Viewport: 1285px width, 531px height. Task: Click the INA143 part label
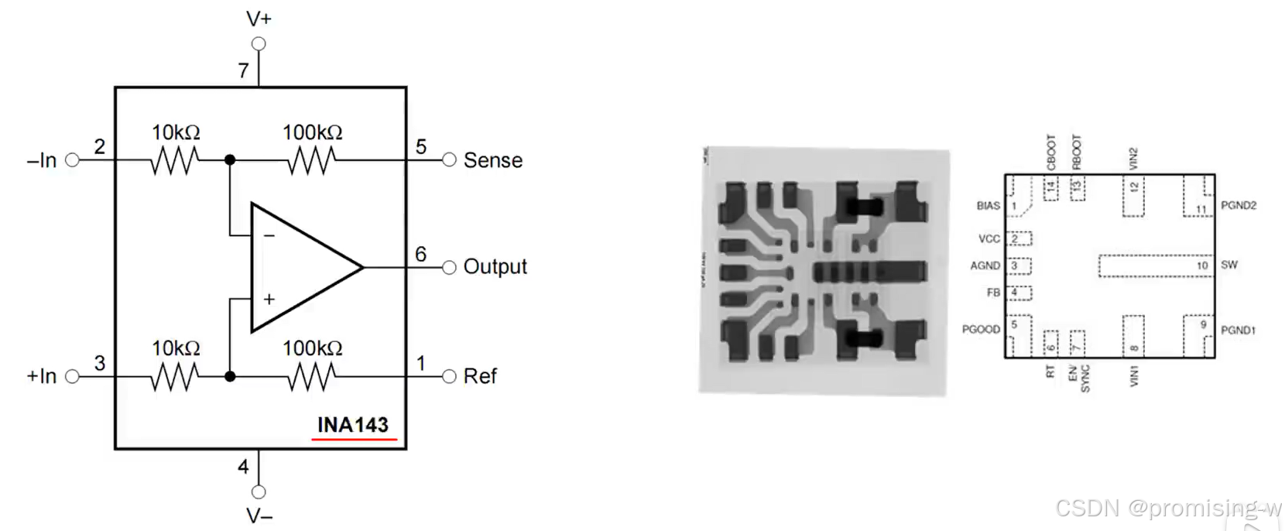click(352, 425)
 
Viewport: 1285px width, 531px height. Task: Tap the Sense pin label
click(492, 160)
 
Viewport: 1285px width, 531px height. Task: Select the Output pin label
click(495, 267)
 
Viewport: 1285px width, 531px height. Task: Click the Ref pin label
click(480, 376)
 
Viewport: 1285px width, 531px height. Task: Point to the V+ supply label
click(259, 19)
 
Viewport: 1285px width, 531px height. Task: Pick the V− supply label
click(259, 516)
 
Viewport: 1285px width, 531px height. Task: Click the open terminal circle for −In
click(73, 160)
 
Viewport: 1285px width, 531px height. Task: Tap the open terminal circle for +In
click(73, 376)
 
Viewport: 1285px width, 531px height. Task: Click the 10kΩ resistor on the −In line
click(176, 160)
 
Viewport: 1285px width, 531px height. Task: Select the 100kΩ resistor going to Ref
click(311, 376)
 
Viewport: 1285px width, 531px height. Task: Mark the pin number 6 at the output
click(420, 254)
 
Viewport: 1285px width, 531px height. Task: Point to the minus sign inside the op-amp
click(269, 235)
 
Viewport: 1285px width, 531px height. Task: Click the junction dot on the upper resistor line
click(230, 160)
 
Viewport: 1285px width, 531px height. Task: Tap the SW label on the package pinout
click(1229, 265)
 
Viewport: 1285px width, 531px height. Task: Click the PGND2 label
click(1239, 205)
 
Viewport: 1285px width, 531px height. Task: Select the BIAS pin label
click(988, 206)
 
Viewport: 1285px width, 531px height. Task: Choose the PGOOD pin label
click(981, 329)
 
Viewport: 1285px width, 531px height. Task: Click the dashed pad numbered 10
click(1155, 265)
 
